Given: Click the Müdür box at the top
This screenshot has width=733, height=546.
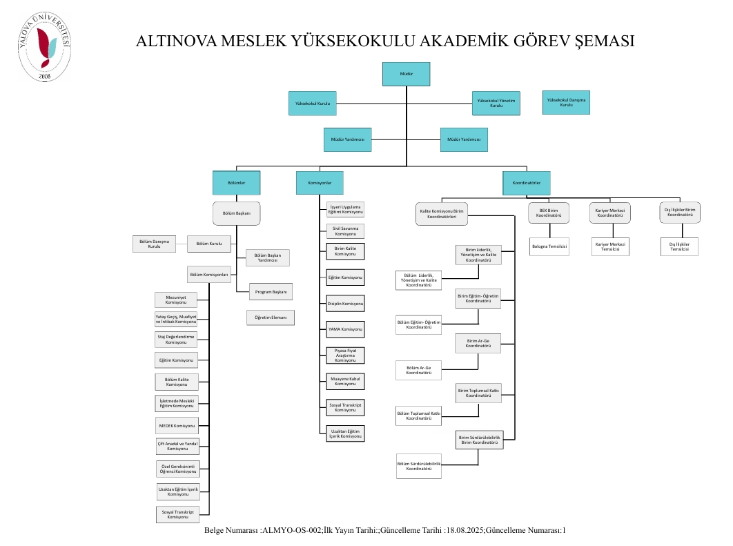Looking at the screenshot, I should coord(406,74).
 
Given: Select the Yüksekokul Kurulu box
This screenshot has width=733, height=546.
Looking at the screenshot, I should coord(313,104).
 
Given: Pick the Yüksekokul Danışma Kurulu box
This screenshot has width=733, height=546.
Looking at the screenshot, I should coord(566,102).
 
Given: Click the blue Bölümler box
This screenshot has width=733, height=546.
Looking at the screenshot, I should coord(237,183).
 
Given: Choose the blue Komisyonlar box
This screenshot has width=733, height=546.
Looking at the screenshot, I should coord(320,183).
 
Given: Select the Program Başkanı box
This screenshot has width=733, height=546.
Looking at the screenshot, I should coord(271,292).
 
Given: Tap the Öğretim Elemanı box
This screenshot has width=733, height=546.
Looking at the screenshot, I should coord(271,318).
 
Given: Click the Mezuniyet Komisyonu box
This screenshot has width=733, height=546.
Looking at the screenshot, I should coord(177,300).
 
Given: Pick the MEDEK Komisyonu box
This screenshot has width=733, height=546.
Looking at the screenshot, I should coord(177,425).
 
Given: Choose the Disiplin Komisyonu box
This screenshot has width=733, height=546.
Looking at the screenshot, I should coord(344,303).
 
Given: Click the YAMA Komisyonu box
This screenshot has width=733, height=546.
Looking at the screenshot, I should coord(344,329).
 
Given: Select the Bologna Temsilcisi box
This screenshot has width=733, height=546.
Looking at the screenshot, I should coord(549,246).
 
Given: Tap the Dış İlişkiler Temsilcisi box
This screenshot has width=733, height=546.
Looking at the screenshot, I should coord(679,246).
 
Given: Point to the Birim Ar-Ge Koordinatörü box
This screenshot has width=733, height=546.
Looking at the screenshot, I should coord(478,343).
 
